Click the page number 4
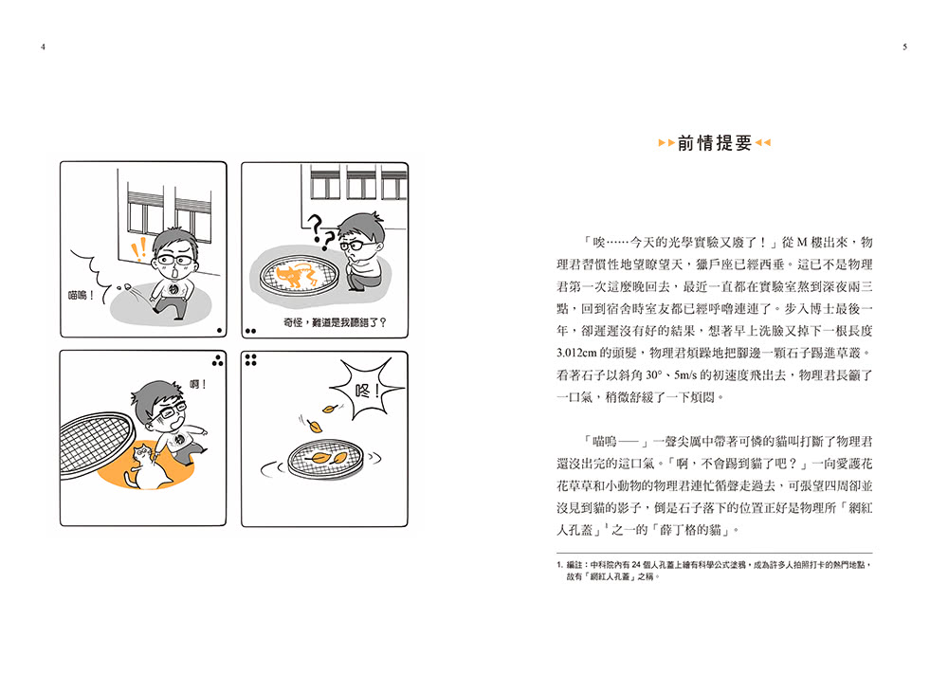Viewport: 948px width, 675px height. pyautogui.click(x=43, y=46)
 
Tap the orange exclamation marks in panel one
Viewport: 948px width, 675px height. pyautogui.click(x=139, y=248)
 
